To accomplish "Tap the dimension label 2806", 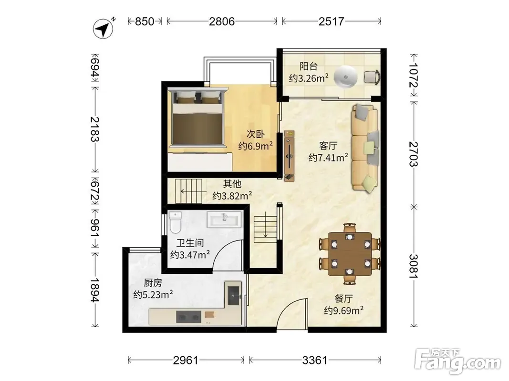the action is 222,21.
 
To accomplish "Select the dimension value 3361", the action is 315,360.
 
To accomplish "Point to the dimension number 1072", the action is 414,75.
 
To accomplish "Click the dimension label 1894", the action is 95,290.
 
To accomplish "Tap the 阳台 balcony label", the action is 308,66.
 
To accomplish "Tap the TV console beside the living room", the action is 289,156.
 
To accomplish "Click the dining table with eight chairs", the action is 350,254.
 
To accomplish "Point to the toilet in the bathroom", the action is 175,222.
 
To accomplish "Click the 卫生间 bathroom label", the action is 190,243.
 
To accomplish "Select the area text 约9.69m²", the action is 343,311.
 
